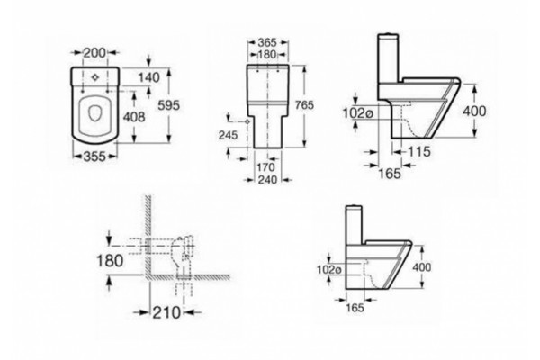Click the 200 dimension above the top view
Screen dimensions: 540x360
[94, 53]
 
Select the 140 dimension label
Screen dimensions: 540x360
[149, 78]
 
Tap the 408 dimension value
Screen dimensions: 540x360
[134, 117]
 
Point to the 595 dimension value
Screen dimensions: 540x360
[169, 105]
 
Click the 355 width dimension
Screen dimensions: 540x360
[94, 157]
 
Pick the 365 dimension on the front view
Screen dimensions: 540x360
[267, 42]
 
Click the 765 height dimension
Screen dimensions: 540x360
[304, 105]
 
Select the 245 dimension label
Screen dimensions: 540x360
[228, 135]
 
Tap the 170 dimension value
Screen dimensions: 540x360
[266, 167]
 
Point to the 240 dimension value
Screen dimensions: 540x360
[267, 179]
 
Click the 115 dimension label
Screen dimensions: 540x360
[419, 151]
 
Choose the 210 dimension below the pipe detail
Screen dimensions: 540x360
[166, 312]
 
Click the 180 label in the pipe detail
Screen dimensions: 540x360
[110, 261]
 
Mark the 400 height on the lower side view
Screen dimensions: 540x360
[422, 267]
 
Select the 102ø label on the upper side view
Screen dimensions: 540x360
[358, 112]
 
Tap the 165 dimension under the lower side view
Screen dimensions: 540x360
[355, 308]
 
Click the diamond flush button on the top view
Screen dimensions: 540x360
[95, 77]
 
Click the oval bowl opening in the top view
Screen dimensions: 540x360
[94, 113]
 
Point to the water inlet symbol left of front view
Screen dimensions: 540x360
[247, 121]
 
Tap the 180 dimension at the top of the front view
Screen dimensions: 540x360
[267, 54]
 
